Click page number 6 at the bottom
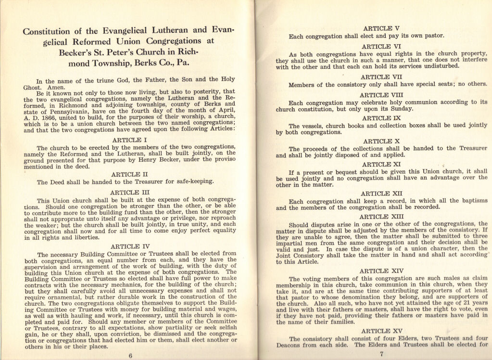point(130,355)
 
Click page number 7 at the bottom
point(381,355)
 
